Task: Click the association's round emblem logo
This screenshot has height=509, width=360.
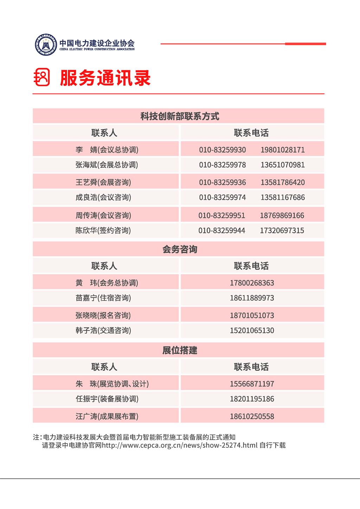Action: click(x=46, y=44)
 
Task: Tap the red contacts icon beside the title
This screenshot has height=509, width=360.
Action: click(x=42, y=77)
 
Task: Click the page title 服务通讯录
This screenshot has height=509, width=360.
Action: click(x=105, y=78)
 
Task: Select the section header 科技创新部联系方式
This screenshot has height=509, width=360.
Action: click(x=180, y=116)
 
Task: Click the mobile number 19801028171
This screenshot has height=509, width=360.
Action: click(x=282, y=150)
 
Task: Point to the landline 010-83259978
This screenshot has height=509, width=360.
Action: click(x=222, y=165)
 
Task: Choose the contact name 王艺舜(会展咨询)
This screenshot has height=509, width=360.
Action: click(x=103, y=183)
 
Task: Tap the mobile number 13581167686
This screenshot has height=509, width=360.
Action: click(x=282, y=197)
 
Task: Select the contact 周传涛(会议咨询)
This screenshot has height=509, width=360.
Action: click(x=103, y=216)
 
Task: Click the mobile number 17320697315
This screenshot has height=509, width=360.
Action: click(x=282, y=231)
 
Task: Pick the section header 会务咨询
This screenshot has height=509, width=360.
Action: click(x=180, y=249)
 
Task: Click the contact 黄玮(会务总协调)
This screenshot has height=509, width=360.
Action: click(x=107, y=283)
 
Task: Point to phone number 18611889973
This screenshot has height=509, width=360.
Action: click(x=252, y=298)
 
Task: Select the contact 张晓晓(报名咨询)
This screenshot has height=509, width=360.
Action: click(x=103, y=316)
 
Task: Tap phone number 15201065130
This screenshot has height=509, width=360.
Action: click(x=252, y=331)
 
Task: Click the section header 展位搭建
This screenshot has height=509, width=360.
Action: click(x=180, y=350)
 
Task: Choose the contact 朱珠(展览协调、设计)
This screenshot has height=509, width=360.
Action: click(x=112, y=384)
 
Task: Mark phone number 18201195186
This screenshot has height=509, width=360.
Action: click(x=252, y=399)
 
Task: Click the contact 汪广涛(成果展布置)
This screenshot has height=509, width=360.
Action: click(x=107, y=416)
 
